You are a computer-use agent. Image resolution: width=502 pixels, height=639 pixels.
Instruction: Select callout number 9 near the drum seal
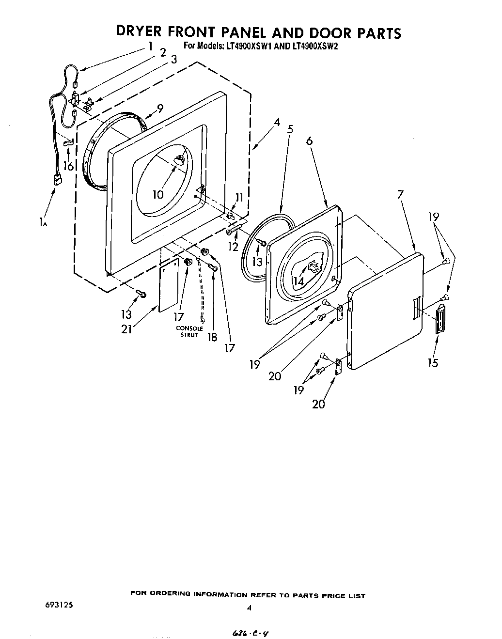click(159, 108)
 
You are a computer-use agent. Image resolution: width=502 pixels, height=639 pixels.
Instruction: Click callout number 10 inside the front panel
click(158, 195)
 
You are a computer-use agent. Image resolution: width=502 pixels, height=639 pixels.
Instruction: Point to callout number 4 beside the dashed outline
click(277, 122)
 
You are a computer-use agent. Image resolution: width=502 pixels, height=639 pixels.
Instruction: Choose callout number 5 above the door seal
click(290, 129)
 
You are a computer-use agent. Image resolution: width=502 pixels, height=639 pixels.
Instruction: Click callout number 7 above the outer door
click(400, 195)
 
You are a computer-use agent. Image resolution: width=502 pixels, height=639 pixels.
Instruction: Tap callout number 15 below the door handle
click(432, 362)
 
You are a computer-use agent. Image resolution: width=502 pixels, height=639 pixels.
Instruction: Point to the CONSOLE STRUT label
click(189, 332)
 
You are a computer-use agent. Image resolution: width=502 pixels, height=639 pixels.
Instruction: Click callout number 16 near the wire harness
click(69, 166)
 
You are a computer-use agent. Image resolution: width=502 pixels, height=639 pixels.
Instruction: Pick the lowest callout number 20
click(318, 403)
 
